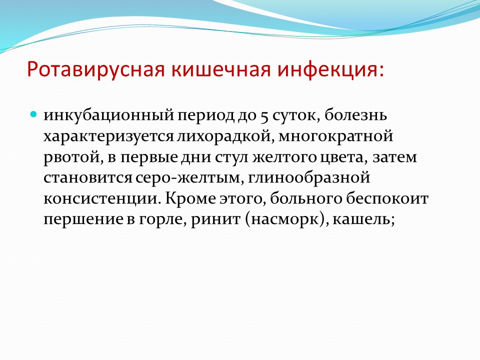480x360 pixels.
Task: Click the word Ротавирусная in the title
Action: coord(95,70)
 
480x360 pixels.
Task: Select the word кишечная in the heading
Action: coord(220,70)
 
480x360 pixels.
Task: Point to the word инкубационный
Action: coord(108,115)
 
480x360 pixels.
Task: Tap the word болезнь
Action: coord(355,115)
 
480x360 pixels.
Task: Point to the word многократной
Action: coord(335,136)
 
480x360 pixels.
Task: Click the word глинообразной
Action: coord(309,177)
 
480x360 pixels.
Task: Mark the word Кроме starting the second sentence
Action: coord(190,199)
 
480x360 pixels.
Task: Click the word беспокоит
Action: coord(387,198)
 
